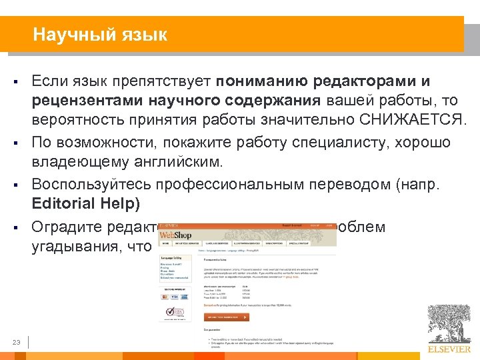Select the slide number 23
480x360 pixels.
[17, 343]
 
